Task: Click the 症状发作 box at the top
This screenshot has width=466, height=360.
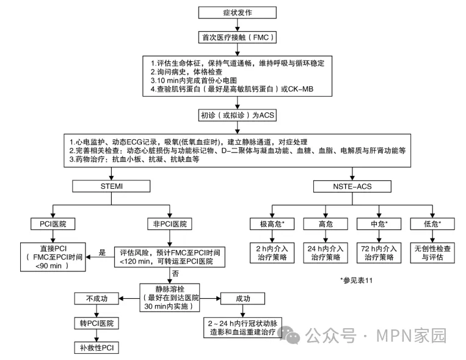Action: pyautogui.click(x=234, y=12)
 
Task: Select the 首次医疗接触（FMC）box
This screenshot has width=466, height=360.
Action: pyautogui.click(x=234, y=38)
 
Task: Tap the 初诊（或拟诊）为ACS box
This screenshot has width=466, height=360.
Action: pyautogui.click(x=234, y=114)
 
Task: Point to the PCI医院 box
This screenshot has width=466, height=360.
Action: pyautogui.click(x=53, y=224)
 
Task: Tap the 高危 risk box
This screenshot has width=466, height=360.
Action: pyautogui.click(x=321, y=224)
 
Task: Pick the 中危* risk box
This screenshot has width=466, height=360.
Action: pyautogui.click(x=376, y=224)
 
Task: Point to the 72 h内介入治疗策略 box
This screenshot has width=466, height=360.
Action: pyautogui.click(x=376, y=253)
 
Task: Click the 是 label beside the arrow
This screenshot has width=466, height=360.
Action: pyautogui.click(x=103, y=252)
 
